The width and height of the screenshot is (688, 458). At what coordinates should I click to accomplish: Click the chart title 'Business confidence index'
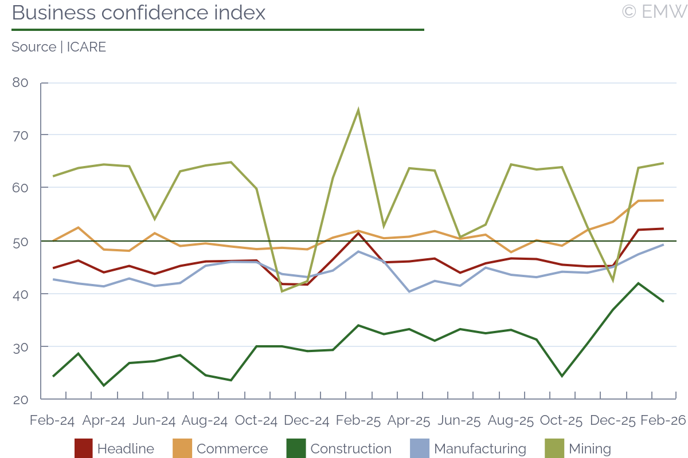139,13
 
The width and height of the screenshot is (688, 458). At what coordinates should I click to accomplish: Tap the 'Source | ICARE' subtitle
58,47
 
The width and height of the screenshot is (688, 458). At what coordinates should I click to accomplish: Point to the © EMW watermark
654,11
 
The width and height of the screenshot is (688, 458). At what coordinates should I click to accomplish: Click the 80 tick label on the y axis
20,82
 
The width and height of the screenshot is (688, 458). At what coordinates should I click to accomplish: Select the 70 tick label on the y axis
20,135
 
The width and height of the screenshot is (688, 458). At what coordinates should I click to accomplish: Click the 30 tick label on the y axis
20,346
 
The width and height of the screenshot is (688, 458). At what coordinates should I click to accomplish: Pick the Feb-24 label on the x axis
52,420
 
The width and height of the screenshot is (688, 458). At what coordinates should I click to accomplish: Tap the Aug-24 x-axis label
205,420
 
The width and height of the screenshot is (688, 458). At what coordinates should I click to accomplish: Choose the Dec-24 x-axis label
307,420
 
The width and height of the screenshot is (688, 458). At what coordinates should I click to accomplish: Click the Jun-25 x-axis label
459,420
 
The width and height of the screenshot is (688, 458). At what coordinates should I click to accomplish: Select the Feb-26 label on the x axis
663,420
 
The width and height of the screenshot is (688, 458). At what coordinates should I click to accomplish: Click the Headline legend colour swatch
84,448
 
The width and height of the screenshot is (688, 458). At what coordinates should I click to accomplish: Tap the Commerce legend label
232,449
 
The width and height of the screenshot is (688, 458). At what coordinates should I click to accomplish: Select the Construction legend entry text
351,449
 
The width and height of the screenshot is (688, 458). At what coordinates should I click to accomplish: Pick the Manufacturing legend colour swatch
420,448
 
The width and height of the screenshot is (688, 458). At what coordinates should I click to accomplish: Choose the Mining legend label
590,449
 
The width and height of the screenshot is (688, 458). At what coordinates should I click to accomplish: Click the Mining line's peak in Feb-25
358,110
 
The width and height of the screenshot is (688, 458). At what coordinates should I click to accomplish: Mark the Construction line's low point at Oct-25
562,376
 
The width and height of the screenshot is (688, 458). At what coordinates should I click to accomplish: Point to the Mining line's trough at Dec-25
613,281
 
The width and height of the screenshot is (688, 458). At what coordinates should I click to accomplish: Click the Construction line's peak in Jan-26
638,283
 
